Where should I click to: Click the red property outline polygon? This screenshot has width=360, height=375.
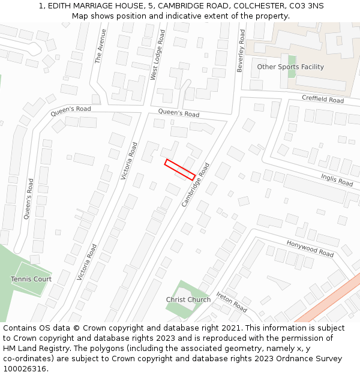(x=180, y=170)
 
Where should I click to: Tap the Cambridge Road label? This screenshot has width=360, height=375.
(x=196, y=185)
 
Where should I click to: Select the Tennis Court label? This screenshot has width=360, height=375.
(x=31, y=279)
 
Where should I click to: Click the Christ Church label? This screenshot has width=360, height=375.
(x=188, y=299)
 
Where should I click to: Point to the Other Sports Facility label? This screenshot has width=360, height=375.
(x=290, y=67)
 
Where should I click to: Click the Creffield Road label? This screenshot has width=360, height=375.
(x=323, y=99)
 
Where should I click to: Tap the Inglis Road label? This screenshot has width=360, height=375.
(x=337, y=179)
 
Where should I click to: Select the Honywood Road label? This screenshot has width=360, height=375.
(x=310, y=249)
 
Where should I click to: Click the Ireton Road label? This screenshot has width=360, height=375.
(x=232, y=302)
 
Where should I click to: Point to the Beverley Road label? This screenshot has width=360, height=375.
(x=241, y=52)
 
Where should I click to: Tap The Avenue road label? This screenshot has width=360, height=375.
(x=100, y=46)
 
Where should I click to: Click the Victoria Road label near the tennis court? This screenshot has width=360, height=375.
(x=87, y=262)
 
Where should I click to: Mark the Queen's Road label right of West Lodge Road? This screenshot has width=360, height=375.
(x=179, y=113)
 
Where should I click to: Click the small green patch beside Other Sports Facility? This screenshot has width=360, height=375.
(x=292, y=65)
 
